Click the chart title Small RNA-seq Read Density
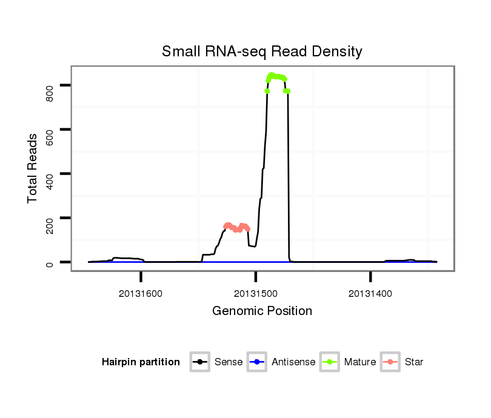pyautogui.click(x=262, y=51)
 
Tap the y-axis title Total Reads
pyautogui.click(x=33, y=168)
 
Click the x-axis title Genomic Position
pyautogui.click(x=262, y=311)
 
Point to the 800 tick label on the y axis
pyautogui.click(x=50, y=85)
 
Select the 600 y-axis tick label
pyautogui.click(x=50, y=130)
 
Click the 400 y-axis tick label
pyautogui.click(x=50, y=174)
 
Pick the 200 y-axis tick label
pyautogui.click(x=50, y=218)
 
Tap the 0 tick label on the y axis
pyautogui.click(x=50, y=262)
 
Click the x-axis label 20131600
pyautogui.click(x=141, y=294)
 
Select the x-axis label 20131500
pyautogui.click(x=255, y=294)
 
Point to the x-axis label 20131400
pyautogui.click(x=370, y=294)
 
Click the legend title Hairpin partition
pyautogui.click(x=141, y=362)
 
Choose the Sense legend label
pyautogui.click(x=229, y=362)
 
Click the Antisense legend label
pyautogui.click(x=293, y=362)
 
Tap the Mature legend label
pyautogui.click(x=360, y=362)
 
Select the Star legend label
pyautogui.click(x=415, y=362)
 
